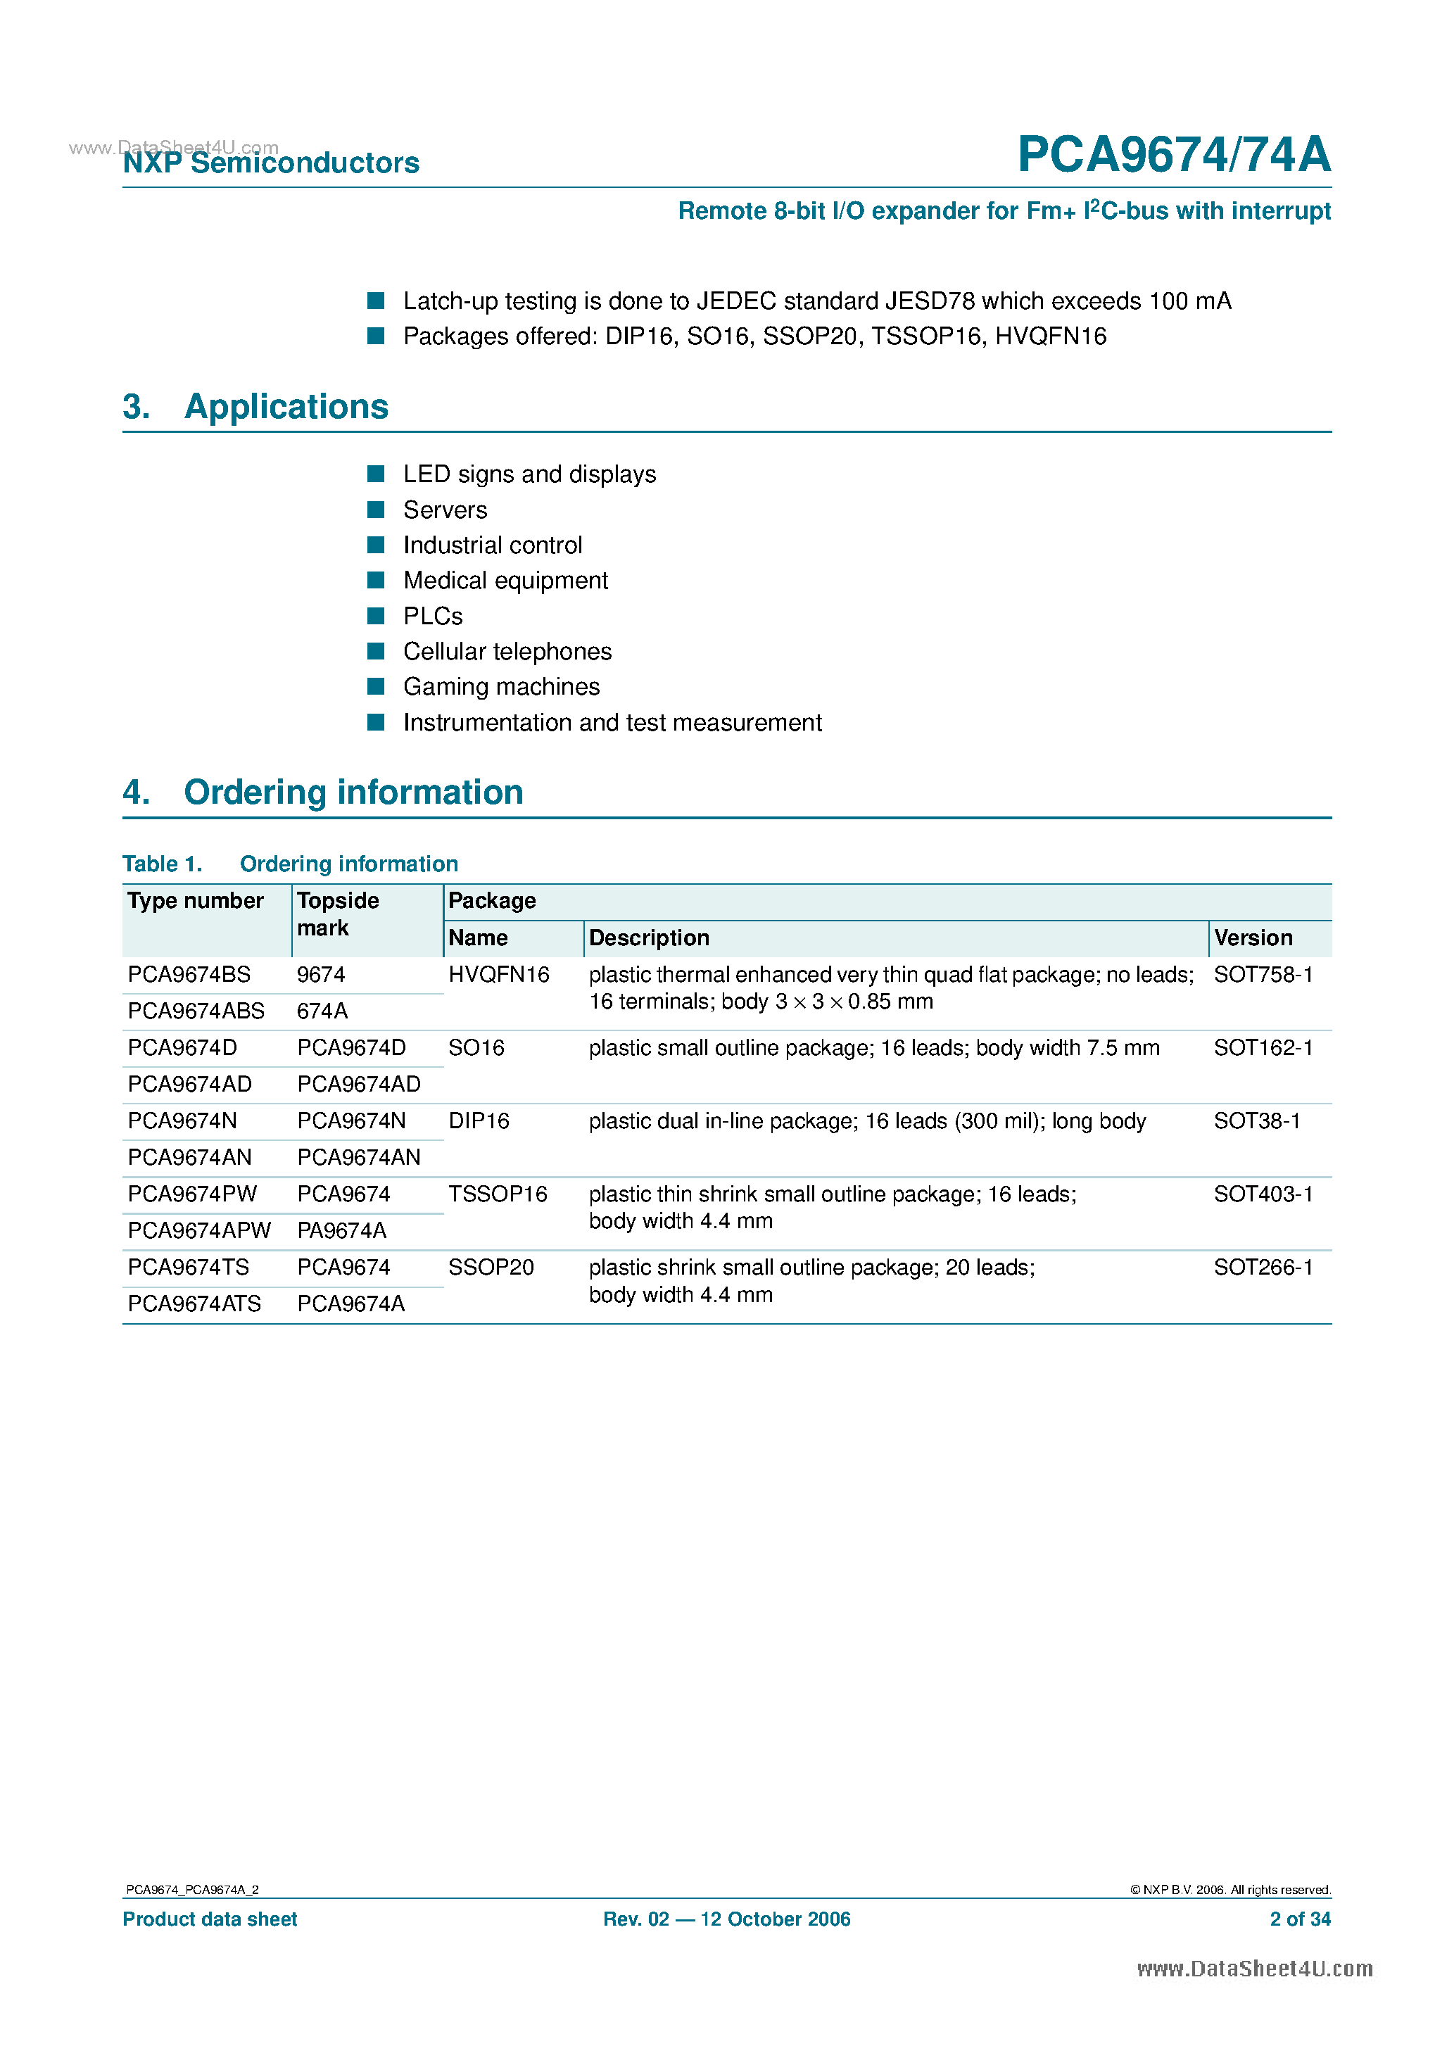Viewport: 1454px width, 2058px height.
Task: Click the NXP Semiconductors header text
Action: point(271,163)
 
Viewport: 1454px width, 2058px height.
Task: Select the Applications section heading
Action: point(286,407)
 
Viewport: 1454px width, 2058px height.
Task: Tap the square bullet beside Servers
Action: point(377,510)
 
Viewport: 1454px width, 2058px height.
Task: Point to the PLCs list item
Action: point(433,617)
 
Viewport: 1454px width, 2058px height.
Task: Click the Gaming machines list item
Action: point(501,687)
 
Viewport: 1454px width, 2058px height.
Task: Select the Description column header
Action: point(649,938)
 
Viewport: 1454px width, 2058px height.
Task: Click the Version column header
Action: point(1253,938)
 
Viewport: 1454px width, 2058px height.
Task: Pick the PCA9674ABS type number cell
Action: point(196,1011)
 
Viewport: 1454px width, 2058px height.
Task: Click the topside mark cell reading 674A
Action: point(322,1011)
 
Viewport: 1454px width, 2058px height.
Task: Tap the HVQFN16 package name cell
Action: point(498,974)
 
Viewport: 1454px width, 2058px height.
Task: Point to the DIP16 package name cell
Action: point(479,1121)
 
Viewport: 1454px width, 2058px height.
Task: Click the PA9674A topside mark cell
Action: point(341,1231)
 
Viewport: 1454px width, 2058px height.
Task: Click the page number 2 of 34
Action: point(1300,1919)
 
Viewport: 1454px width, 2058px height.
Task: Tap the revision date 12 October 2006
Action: point(776,1919)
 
